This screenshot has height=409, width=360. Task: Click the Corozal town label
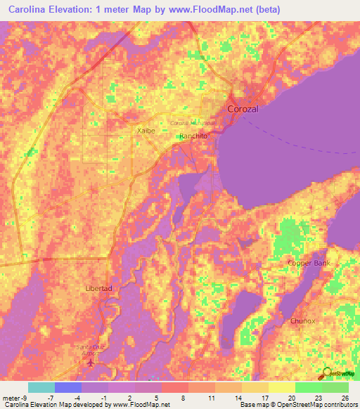point(243,109)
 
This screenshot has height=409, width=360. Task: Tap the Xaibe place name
point(145,130)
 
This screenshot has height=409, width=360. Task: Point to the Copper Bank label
point(308,264)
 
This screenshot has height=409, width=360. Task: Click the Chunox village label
point(302,320)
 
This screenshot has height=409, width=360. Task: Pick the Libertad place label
point(98,290)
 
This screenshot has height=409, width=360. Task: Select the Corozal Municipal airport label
point(194,123)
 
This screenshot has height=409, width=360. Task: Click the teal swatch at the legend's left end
point(41,387)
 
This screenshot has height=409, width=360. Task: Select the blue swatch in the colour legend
point(67,387)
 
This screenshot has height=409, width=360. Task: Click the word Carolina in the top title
point(25,8)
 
